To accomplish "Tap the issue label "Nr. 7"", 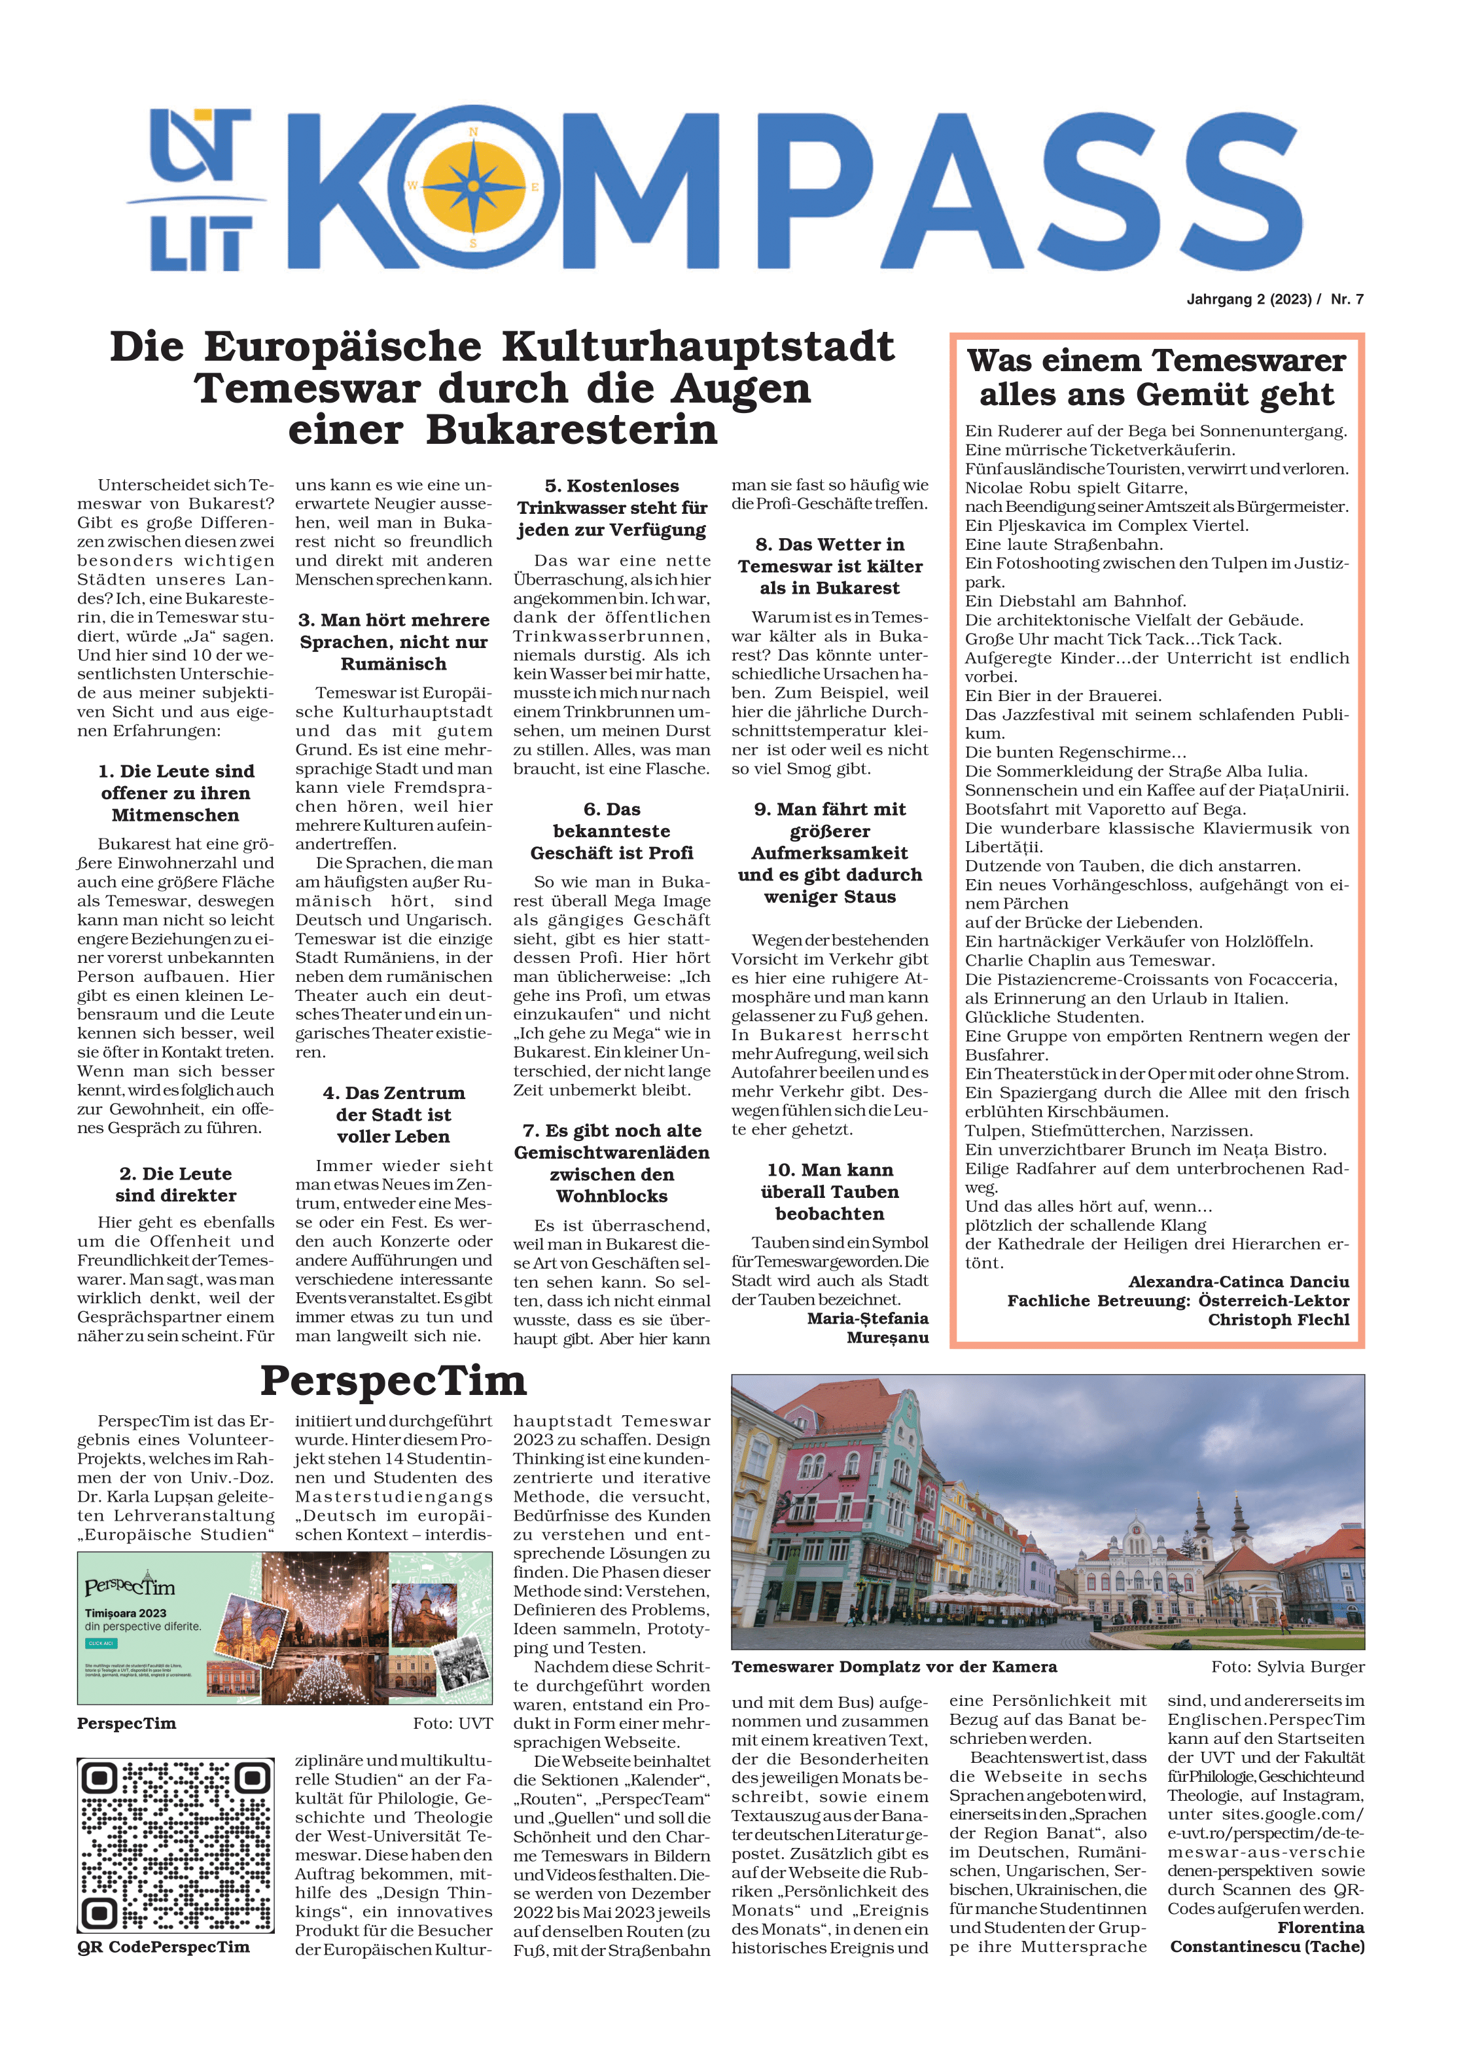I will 1346,300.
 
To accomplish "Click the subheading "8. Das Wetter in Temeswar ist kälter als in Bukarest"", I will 830,566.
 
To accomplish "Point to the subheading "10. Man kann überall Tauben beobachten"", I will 830,1191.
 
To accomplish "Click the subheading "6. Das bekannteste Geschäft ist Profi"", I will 611,831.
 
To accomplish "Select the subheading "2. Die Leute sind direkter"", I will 175,1184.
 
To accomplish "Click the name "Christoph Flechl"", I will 1277,1319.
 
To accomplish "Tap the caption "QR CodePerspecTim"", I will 163,1947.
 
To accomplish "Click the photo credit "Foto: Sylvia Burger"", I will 1287,1667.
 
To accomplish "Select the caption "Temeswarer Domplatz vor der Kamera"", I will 894,1667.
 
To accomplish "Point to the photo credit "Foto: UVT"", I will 452,1724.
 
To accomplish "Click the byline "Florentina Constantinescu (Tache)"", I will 1266,1937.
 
